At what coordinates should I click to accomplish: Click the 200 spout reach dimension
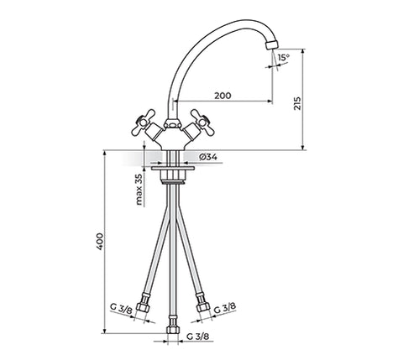[223, 96]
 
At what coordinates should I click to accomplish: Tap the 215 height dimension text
[297, 103]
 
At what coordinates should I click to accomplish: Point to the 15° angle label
[284, 58]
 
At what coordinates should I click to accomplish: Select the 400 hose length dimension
[100, 242]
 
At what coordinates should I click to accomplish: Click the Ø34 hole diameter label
[208, 157]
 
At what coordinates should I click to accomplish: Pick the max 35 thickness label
[139, 190]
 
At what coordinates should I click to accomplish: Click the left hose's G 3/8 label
[121, 307]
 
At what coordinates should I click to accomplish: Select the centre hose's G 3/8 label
[197, 337]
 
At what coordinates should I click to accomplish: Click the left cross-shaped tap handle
[143, 123]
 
